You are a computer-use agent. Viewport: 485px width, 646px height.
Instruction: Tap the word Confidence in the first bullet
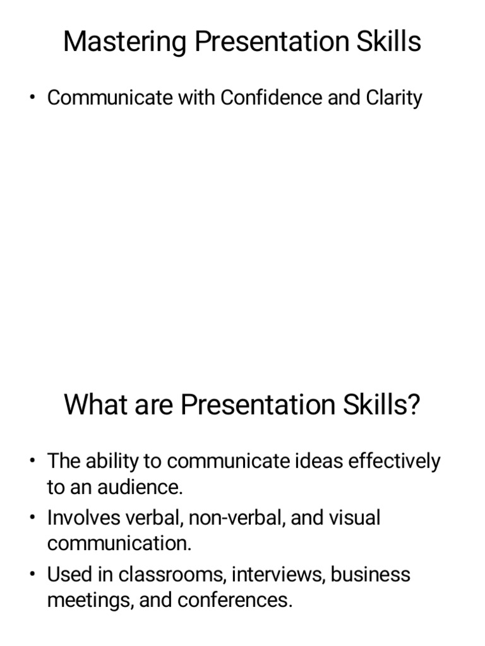click(270, 98)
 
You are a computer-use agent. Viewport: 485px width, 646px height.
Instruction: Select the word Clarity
click(393, 98)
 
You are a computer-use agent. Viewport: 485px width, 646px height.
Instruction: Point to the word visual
click(353, 518)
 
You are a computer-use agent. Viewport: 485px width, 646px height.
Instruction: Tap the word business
click(371, 575)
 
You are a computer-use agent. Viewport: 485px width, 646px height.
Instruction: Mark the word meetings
click(90, 600)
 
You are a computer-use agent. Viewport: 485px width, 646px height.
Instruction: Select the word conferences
click(235, 600)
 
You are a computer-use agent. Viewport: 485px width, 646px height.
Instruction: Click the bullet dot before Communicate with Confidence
click(32, 98)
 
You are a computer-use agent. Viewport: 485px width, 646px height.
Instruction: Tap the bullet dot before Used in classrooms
click(32, 575)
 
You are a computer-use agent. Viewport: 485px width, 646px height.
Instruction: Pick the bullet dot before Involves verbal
click(32, 518)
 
